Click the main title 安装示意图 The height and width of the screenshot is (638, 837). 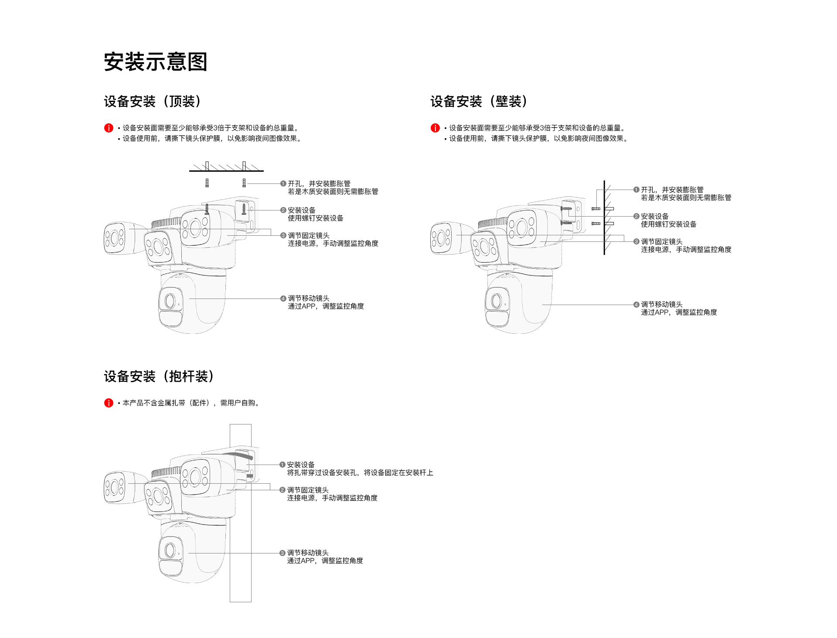click(155, 62)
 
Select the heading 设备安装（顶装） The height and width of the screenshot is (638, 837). click(153, 102)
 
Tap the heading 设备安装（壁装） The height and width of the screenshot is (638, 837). click(479, 102)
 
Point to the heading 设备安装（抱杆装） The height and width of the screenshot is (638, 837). click(159, 377)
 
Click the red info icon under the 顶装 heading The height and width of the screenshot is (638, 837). click(109, 128)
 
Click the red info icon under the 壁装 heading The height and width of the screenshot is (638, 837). click(435, 128)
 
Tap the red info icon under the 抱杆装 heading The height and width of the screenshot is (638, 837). click(109, 403)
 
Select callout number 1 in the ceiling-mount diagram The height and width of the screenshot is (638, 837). click(283, 184)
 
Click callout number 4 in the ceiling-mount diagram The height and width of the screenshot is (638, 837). click(283, 299)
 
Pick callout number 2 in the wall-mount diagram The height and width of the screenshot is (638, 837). click(636, 217)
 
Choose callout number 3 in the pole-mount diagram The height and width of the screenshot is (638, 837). click(282, 553)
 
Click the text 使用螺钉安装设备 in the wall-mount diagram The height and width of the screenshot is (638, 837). click(669, 224)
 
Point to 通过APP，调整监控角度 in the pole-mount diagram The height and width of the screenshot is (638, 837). click(325, 561)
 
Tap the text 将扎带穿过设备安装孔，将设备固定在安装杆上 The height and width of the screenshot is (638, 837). click(360, 473)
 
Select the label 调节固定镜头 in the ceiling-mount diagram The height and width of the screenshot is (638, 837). click(309, 236)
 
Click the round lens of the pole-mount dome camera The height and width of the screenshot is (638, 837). click(170, 550)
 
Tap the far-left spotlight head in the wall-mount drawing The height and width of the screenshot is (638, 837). click(441, 238)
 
